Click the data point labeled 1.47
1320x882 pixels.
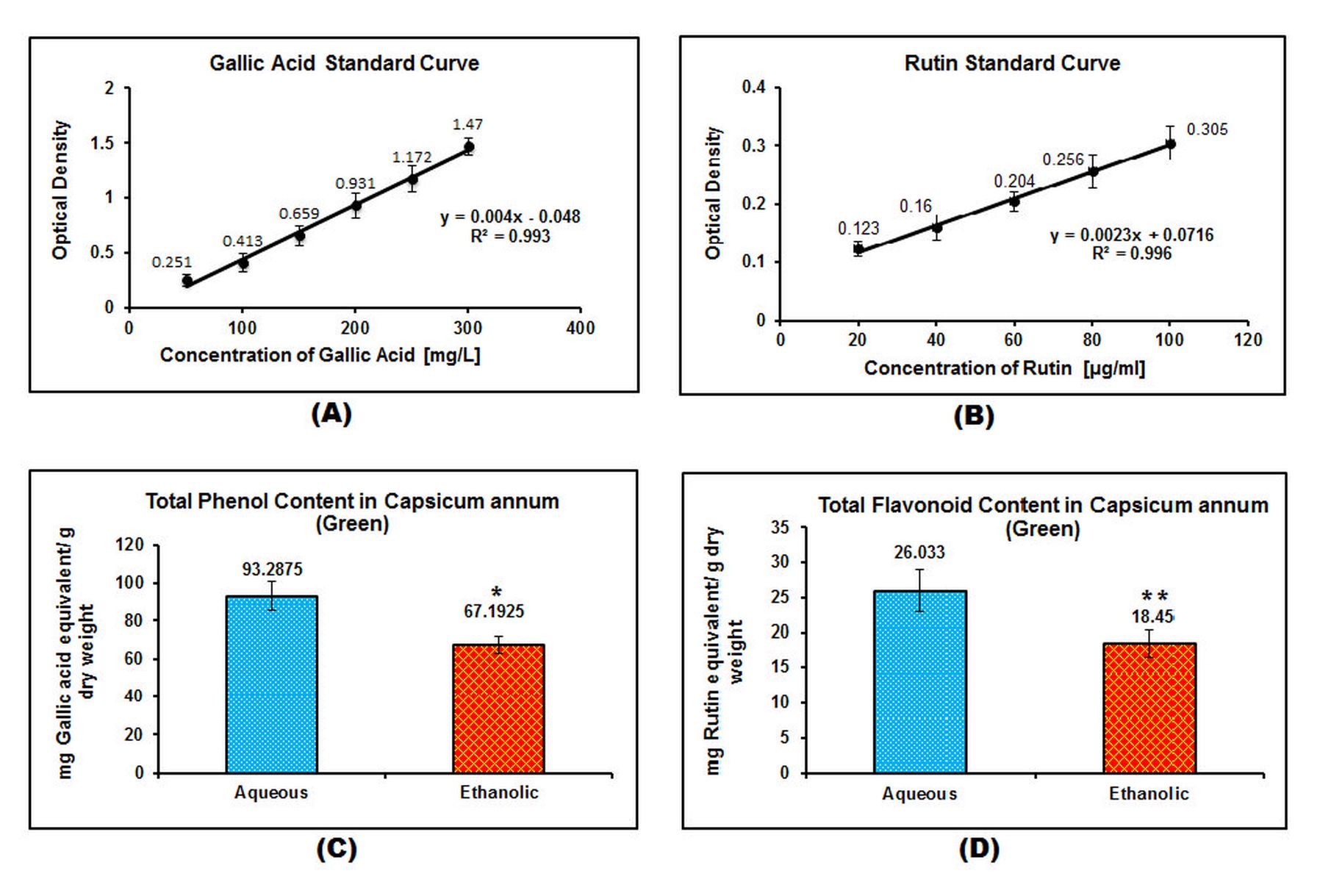click(468, 147)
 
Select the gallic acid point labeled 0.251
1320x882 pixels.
click(187, 281)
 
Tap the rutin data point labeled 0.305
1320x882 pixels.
click(1170, 144)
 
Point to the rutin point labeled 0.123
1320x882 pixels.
click(858, 248)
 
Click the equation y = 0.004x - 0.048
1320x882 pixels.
click(510, 217)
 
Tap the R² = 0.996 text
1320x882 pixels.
click(1131, 254)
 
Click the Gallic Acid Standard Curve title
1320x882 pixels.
click(344, 63)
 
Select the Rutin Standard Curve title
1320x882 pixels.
click(1012, 63)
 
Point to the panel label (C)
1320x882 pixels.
click(336, 849)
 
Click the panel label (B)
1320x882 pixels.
click(973, 416)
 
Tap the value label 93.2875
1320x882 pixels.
click(272, 569)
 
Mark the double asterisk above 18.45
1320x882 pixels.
click(1154, 596)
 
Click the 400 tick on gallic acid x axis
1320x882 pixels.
click(580, 328)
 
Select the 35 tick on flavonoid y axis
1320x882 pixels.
click(780, 527)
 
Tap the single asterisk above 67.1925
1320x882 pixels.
click(497, 592)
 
